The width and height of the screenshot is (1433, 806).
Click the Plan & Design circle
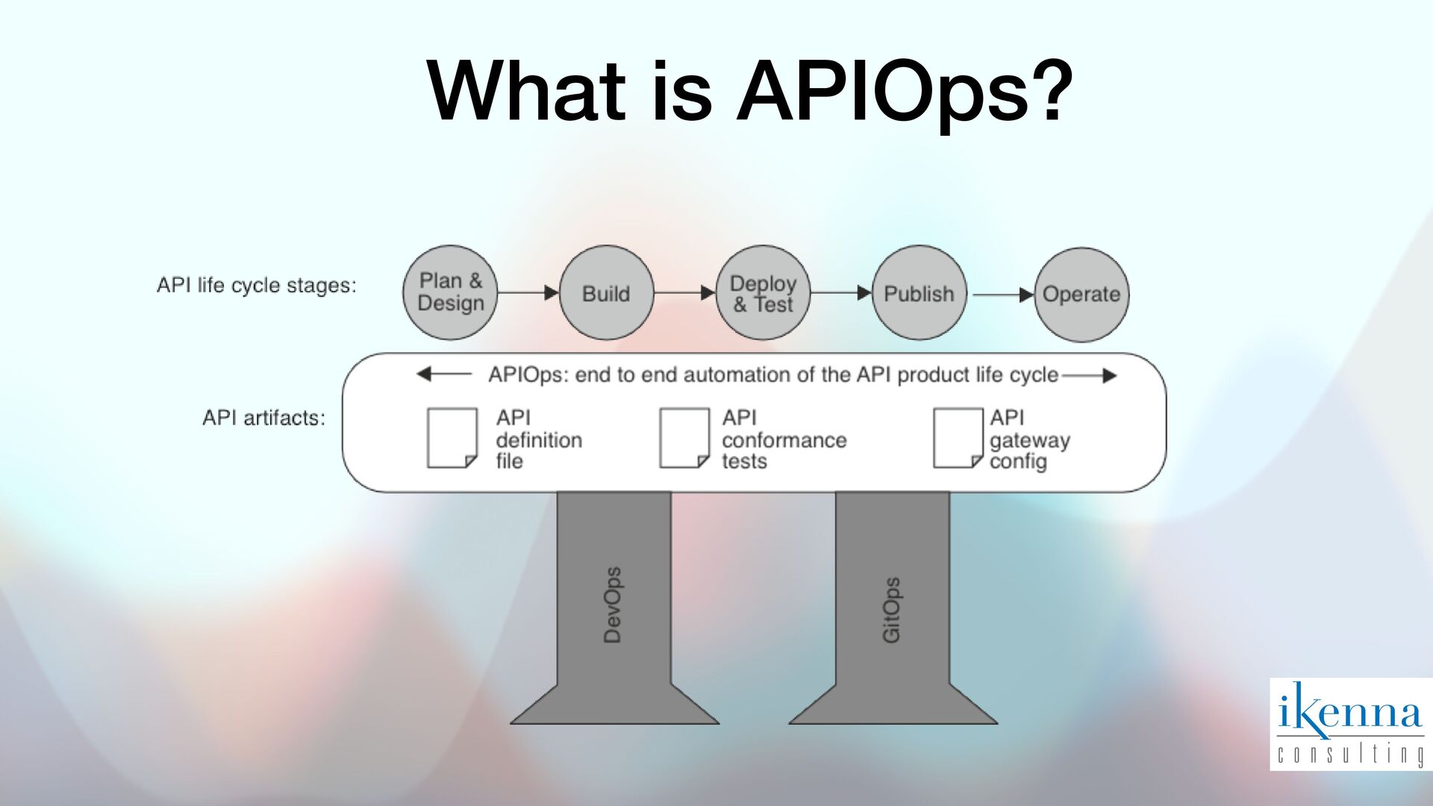click(449, 293)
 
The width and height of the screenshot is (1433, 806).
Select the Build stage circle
click(606, 293)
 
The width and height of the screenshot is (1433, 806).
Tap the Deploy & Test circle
click(763, 293)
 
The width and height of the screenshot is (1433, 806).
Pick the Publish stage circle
click(919, 293)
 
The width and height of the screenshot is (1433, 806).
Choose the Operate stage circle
click(1081, 294)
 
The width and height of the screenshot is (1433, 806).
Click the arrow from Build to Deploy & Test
click(684, 293)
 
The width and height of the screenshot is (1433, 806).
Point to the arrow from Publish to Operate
click(1002, 295)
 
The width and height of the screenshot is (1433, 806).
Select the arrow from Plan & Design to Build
click(528, 293)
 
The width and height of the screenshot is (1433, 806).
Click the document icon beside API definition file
click(452, 438)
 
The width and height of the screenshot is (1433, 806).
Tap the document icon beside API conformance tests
click(684, 438)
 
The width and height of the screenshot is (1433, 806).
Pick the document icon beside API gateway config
click(958, 438)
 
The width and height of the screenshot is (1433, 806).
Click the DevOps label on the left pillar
click(612, 605)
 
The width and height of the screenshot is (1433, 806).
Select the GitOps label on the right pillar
click(891, 610)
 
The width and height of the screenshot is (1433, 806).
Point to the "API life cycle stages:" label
click(256, 285)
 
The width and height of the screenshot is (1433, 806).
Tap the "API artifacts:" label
click(263, 418)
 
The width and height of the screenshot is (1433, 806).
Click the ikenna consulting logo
click(1350, 723)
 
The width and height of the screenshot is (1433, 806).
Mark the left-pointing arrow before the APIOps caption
click(443, 374)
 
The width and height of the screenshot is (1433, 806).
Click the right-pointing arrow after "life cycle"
click(1090, 375)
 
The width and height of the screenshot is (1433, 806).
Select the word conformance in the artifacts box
click(784, 440)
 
